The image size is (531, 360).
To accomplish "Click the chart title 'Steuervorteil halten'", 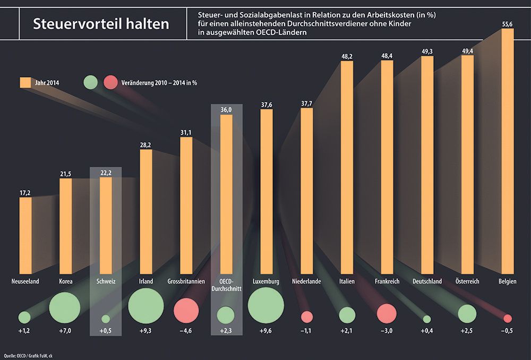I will (101, 24).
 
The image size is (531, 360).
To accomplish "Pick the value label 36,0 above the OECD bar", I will (226, 109).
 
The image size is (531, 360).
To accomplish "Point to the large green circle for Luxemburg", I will (266, 305).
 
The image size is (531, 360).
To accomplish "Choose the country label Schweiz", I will (106, 281).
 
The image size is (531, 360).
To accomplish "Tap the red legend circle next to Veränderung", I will (111, 82).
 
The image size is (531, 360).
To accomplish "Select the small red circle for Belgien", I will (508, 318).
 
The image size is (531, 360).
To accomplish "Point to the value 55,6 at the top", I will (508, 23).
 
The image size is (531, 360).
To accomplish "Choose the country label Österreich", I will (467, 281).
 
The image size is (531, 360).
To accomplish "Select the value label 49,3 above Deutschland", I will (427, 50).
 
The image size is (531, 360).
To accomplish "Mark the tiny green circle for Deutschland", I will (427, 319).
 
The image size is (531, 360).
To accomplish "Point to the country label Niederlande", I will (306, 281).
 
